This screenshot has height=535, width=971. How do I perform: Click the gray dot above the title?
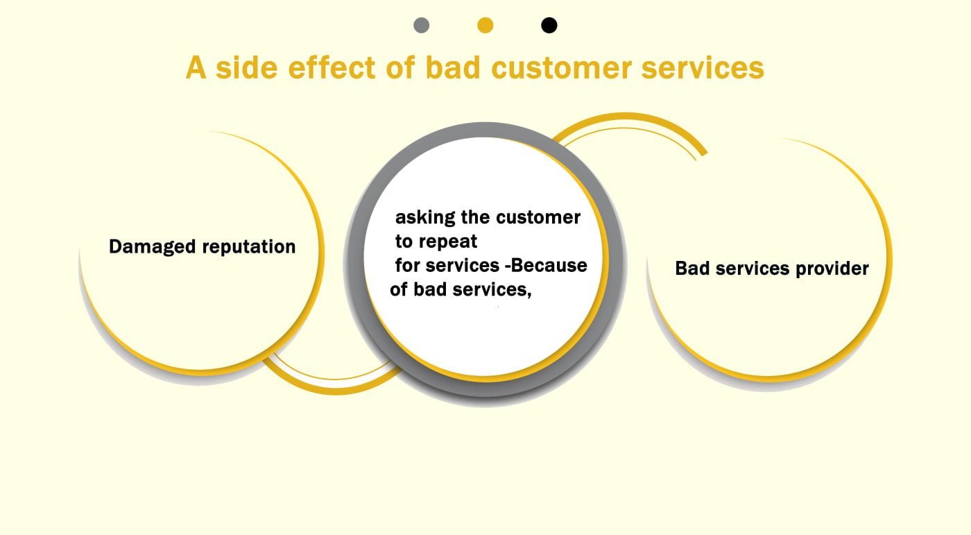pyautogui.click(x=421, y=26)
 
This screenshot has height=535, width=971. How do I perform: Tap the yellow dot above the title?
pyautogui.click(x=486, y=26)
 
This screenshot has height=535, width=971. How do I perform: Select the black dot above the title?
pyautogui.click(x=549, y=26)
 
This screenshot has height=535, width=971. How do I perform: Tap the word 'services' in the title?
pyautogui.click(x=703, y=68)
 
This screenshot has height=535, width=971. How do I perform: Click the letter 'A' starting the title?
pyautogui.click(x=196, y=68)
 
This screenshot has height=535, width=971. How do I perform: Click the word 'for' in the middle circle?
pyautogui.click(x=407, y=265)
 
